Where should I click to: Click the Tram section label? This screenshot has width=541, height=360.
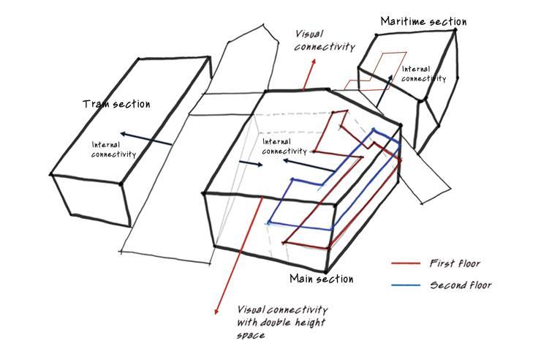point(116,104)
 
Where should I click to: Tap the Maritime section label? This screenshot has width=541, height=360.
point(423,21)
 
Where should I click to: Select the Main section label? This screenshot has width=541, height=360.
point(321,279)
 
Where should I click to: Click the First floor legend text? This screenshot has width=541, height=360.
point(454,263)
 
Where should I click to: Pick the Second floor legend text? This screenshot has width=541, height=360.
point(461,285)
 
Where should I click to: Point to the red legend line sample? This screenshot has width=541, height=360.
point(406,263)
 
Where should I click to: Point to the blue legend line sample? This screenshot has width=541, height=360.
point(406,285)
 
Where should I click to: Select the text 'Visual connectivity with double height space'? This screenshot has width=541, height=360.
point(281,323)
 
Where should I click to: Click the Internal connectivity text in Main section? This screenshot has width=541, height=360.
point(284,146)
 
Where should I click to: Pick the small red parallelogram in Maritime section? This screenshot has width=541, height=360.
point(387,64)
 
